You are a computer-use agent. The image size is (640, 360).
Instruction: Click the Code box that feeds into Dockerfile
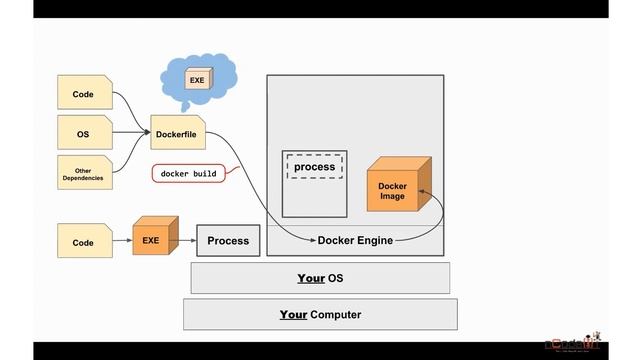click(84, 94)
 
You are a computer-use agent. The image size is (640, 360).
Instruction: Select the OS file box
click(84, 132)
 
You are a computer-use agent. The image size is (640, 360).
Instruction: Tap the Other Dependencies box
click(84, 172)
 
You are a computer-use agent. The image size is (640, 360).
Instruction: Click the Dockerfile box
click(178, 132)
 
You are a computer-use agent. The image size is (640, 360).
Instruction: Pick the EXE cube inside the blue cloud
click(197, 78)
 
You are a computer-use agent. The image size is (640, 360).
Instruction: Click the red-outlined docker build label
click(189, 173)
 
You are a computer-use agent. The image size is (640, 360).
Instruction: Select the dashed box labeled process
click(314, 166)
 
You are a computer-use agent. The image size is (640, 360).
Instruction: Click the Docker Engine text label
click(355, 240)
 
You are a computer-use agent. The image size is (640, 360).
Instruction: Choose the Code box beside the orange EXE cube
click(84, 242)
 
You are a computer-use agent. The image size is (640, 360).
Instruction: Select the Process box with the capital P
click(227, 241)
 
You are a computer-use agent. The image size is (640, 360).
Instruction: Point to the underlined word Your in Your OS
click(311, 278)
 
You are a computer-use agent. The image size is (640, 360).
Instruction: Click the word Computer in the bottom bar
click(335, 314)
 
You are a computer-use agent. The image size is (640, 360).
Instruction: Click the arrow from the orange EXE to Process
click(186, 241)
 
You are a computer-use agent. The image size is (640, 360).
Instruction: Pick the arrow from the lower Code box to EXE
click(120, 241)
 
